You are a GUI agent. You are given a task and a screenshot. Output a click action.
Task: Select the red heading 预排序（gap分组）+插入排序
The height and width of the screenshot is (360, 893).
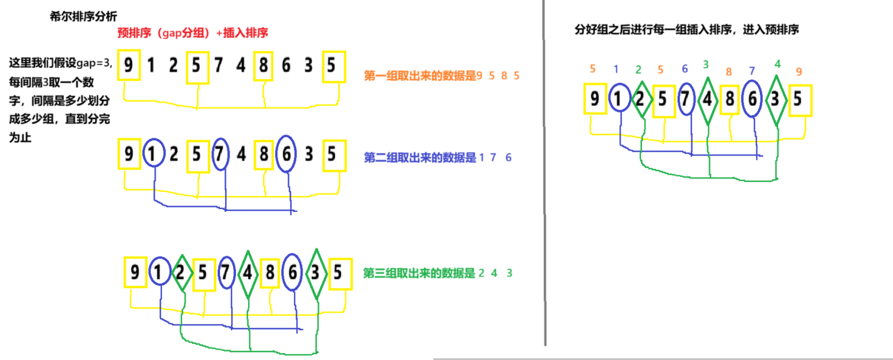pos(192,33)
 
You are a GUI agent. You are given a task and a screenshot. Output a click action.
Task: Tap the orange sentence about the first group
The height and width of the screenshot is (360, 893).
pos(442,75)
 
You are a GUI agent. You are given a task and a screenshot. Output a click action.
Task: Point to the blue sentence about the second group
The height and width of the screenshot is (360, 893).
pos(438,157)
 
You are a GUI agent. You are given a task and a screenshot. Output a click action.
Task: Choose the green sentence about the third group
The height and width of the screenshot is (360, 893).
pos(438,273)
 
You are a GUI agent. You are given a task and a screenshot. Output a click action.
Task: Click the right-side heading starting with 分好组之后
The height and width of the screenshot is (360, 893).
pos(687,30)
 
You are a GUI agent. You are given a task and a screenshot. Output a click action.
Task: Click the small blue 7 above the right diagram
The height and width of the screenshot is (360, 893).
pos(753,71)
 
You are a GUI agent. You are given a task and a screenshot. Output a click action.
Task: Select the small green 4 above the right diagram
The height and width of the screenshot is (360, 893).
pos(777,64)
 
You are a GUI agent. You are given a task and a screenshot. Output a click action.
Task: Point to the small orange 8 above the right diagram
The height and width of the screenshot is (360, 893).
pos(729,72)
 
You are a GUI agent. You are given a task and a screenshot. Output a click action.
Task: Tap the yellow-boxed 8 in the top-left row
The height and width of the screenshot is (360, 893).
pos(263,66)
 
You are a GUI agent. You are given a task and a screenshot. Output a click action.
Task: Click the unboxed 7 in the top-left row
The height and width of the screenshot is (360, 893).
pos(218,66)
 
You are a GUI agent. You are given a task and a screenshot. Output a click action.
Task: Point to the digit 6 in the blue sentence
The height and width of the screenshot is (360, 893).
pos(508,157)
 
